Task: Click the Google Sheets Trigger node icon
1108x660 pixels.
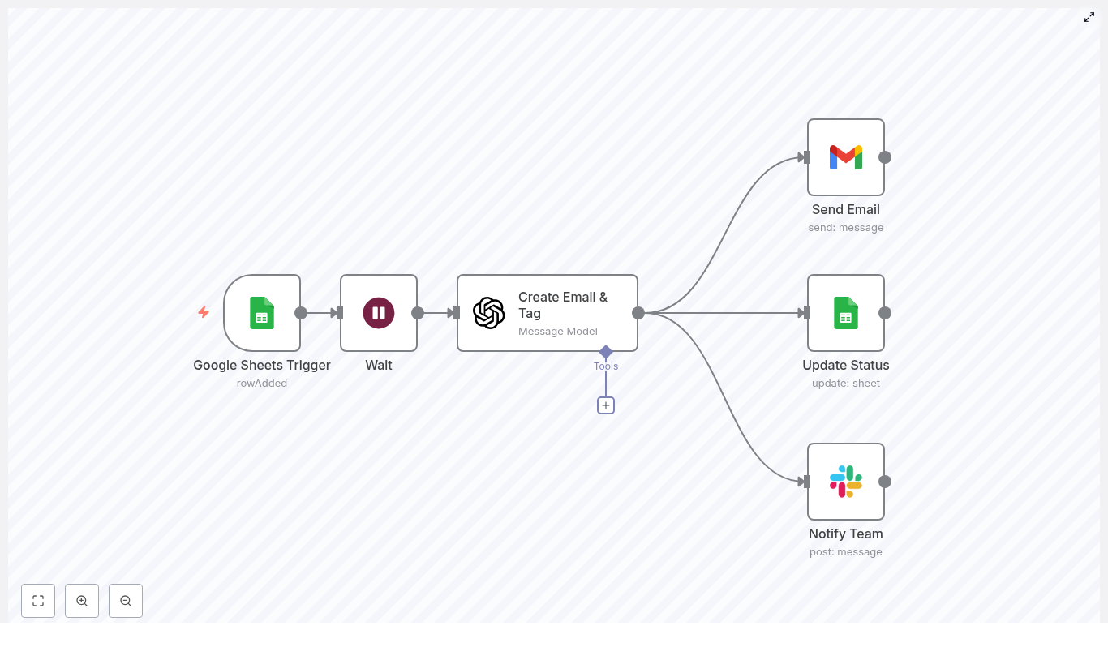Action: click(x=262, y=313)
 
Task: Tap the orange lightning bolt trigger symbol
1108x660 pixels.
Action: click(x=204, y=312)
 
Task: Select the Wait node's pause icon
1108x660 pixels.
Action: click(x=379, y=313)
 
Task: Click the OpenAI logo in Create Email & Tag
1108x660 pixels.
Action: click(x=489, y=313)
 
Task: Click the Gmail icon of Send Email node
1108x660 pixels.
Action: click(x=846, y=157)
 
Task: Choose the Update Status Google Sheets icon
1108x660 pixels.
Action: click(x=846, y=313)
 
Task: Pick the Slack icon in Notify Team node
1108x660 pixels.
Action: click(x=846, y=482)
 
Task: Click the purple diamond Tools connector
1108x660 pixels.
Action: click(x=606, y=352)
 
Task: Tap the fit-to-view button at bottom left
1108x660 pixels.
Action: click(x=38, y=601)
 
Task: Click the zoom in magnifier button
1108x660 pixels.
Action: click(x=82, y=601)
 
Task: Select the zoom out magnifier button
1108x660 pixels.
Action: click(x=126, y=601)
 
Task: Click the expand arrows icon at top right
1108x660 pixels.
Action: click(x=1089, y=17)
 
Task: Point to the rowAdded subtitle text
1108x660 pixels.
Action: click(x=262, y=384)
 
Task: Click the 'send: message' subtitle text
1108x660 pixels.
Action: click(x=846, y=228)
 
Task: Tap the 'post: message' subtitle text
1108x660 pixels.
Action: click(x=846, y=552)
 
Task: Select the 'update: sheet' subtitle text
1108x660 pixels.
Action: click(x=846, y=384)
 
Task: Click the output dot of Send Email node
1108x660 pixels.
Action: click(x=885, y=157)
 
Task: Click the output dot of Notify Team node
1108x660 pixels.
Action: click(x=885, y=482)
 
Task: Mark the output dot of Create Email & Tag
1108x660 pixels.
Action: click(x=638, y=313)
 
